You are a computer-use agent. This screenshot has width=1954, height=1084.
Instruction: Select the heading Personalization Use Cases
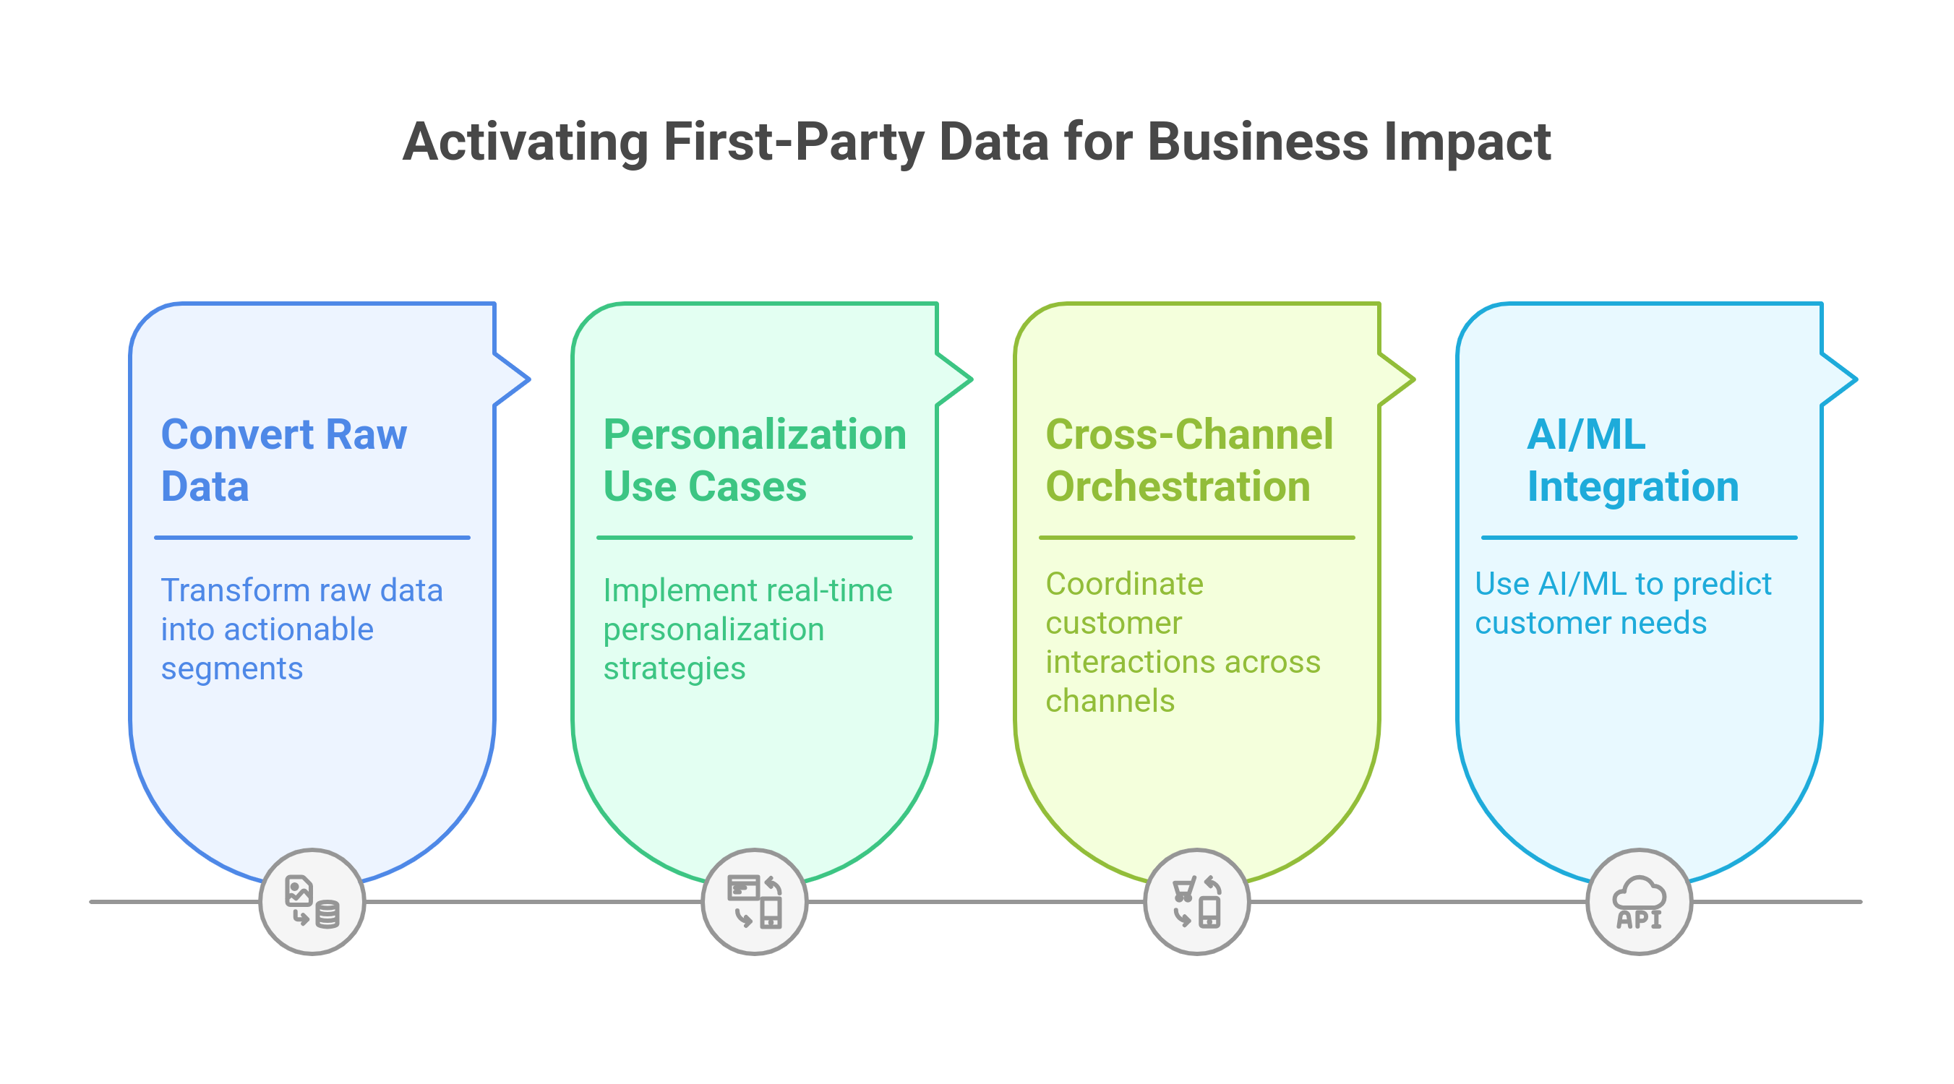pos(754,460)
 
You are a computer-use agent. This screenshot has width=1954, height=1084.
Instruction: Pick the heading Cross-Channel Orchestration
pos(1188,460)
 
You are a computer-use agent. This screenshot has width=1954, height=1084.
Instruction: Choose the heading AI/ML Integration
pos(1632,460)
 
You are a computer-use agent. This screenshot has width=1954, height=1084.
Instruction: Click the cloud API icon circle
pos(1640,902)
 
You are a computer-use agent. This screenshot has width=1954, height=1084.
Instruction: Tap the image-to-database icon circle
pos(312,902)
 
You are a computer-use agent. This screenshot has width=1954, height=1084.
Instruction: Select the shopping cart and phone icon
pos(1196,902)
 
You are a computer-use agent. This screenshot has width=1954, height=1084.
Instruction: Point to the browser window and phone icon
pos(754,902)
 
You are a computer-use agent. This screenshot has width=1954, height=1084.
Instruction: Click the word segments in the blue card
pos(231,669)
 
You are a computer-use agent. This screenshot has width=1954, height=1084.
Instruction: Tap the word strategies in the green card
pos(674,669)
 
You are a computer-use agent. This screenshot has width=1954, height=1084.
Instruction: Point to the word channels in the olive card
pos(1110,701)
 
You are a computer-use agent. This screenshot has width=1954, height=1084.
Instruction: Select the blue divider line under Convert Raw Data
pos(312,538)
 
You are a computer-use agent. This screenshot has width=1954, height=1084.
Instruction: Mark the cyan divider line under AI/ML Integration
pos(1640,538)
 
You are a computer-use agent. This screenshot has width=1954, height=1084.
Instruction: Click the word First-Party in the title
pos(793,142)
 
